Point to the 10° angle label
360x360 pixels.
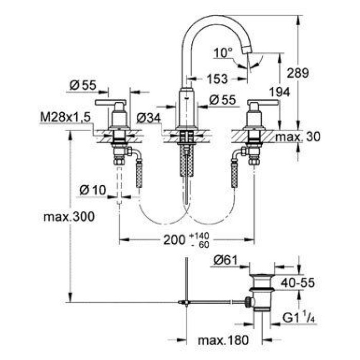coord(224,52)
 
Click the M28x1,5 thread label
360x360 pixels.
coord(65,118)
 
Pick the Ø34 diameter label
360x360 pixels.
coord(149,118)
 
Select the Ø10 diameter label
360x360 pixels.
coord(93,190)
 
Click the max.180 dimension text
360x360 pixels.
coord(217,340)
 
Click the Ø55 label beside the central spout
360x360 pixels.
coord(222,100)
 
